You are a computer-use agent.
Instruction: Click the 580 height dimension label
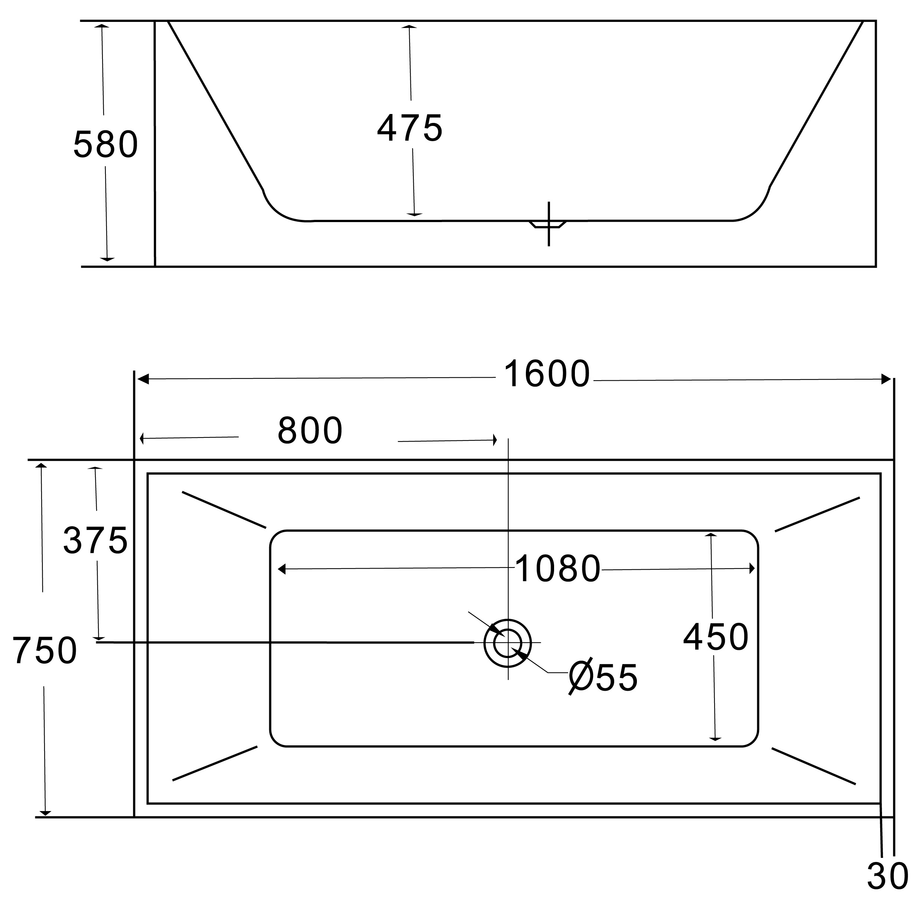click(106, 144)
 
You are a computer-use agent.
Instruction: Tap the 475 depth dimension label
click(410, 128)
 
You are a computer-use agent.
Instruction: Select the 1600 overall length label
click(547, 374)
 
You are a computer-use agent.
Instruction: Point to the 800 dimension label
click(310, 430)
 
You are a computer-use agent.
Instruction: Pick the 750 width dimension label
click(44, 650)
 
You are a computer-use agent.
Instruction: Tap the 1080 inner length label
click(558, 568)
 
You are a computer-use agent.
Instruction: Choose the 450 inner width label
click(716, 637)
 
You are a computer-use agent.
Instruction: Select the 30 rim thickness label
click(888, 876)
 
